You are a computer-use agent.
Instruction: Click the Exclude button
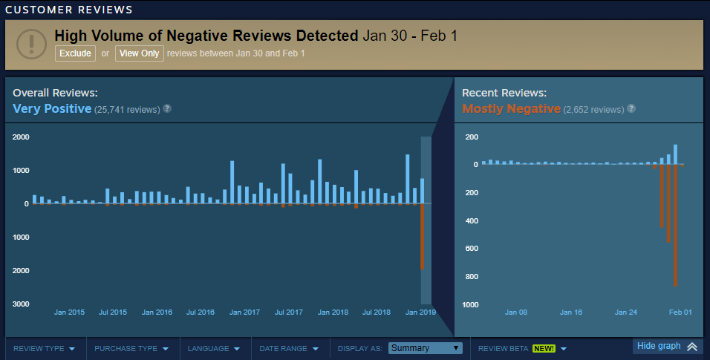pos(75,53)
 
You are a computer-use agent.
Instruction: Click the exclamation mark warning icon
pos(31,43)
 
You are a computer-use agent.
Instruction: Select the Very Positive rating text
pos(52,109)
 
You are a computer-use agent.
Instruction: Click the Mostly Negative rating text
pos(511,109)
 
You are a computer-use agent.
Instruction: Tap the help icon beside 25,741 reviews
pos(167,109)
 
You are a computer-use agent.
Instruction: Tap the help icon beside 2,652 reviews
pos(631,109)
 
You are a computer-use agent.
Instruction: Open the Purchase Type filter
pos(131,348)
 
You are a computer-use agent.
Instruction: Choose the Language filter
pos(213,348)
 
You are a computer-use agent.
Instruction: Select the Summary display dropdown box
pos(426,348)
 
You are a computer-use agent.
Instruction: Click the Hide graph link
pos(666,347)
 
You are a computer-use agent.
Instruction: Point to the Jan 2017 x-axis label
pos(244,312)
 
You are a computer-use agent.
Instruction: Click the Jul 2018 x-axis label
pos(377,312)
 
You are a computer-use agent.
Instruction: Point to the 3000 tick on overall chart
pos(21,304)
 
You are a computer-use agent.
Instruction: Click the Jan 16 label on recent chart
pos(571,312)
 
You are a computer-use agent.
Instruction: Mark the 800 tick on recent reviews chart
pos(470,277)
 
